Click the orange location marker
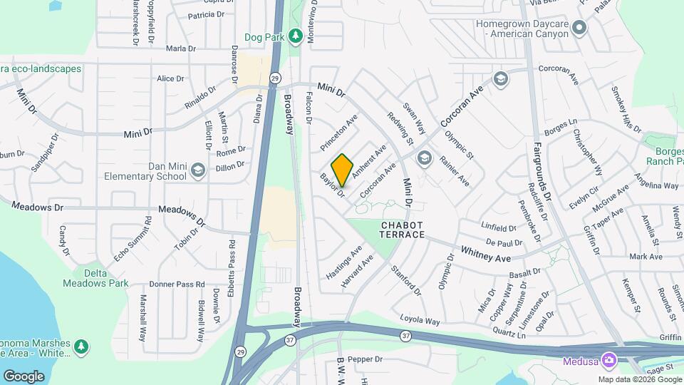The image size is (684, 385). click(342, 169)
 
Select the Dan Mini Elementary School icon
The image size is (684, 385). click(197, 170)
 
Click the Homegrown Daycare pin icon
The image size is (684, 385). click(579, 29)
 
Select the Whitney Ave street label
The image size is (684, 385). click(486, 252)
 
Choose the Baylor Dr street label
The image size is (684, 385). click(332, 185)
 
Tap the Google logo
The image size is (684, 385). click(24, 376)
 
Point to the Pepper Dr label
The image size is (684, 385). click(366, 359)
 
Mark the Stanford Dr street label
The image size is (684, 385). click(406, 281)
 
